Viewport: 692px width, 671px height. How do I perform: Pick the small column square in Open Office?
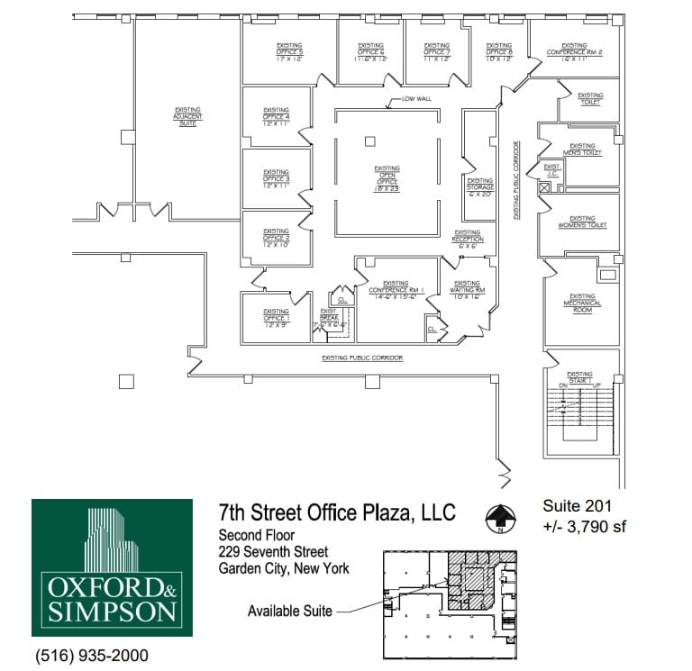click(x=369, y=141)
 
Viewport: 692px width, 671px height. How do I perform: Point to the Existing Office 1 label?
click(x=276, y=319)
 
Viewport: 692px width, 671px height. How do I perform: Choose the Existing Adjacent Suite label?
click(x=187, y=117)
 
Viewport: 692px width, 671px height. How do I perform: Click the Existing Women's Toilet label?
click(x=582, y=222)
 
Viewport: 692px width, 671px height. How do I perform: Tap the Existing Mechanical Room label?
click(x=582, y=300)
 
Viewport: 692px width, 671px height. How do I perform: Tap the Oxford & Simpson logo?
click(x=112, y=567)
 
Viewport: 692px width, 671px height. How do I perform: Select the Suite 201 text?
click(x=577, y=506)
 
